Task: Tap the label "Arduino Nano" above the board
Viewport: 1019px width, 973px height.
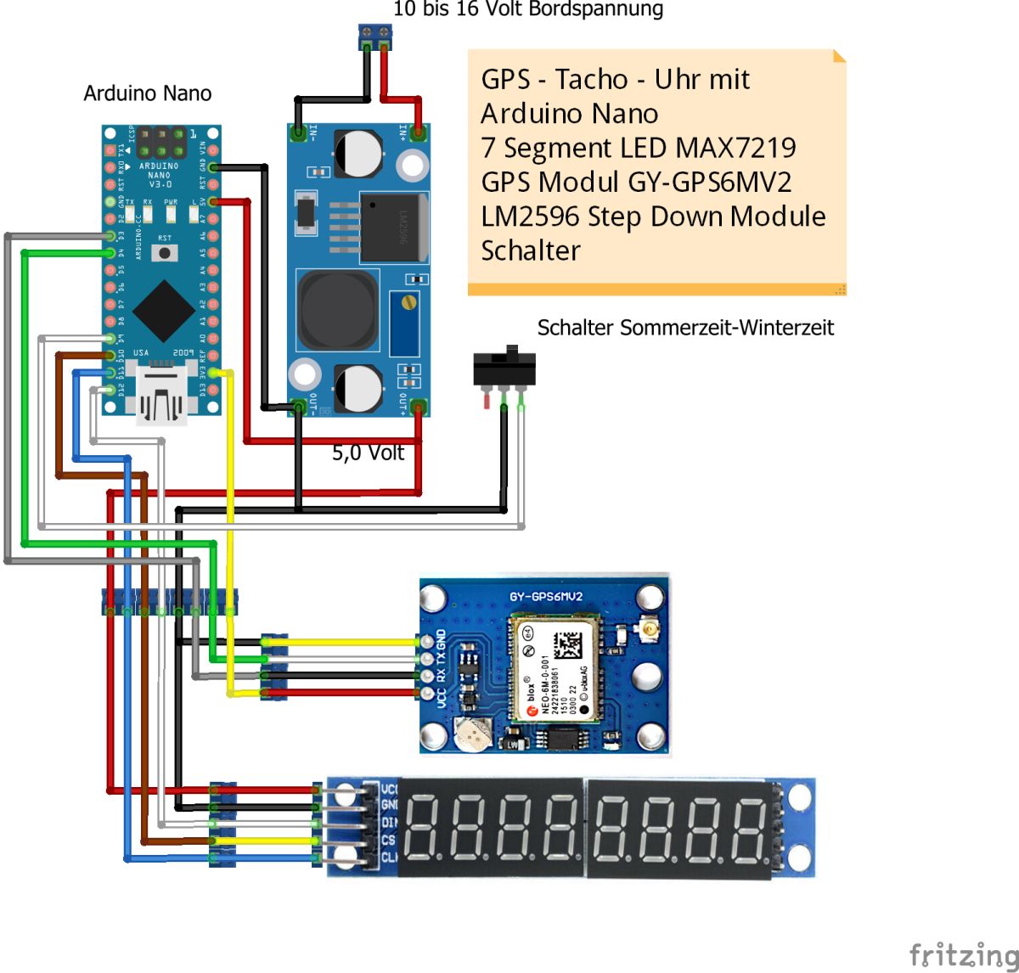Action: [x=147, y=93]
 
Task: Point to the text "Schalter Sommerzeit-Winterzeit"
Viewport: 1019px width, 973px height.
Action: [x=685, y=328]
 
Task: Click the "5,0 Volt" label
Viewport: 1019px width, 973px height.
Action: [x=368, y=453]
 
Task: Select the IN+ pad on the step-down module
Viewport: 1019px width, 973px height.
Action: [x=418, y=132]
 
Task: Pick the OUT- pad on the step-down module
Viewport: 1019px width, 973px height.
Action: [x=299, y=406]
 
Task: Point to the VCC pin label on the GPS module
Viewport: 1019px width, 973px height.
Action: [x=442, y=696]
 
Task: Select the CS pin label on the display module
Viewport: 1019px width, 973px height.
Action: [x=388, y=840]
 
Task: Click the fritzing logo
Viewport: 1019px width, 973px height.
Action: [x=963, y=954]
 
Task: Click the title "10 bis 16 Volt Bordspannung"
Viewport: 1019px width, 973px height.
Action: [x=527, y=9]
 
